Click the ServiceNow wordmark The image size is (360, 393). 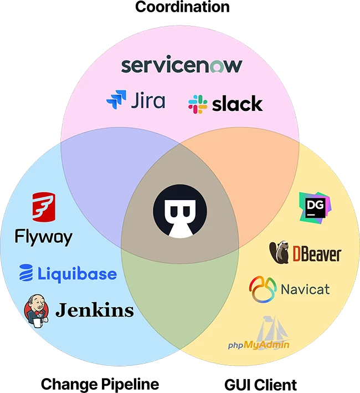(182, 65)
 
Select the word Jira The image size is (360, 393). (148, 101)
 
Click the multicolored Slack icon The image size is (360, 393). (198, 104)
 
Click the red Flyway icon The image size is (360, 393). (42, 208)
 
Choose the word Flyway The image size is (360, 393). (43, 238)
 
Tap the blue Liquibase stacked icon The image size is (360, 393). (26, 273)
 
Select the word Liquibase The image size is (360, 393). (77, 273)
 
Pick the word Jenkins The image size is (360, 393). (94, 309)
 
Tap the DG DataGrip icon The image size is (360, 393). (314, 207)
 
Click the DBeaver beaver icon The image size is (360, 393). (279, 252)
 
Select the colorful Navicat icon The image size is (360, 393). (263, 289)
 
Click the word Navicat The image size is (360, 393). (305, 289)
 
